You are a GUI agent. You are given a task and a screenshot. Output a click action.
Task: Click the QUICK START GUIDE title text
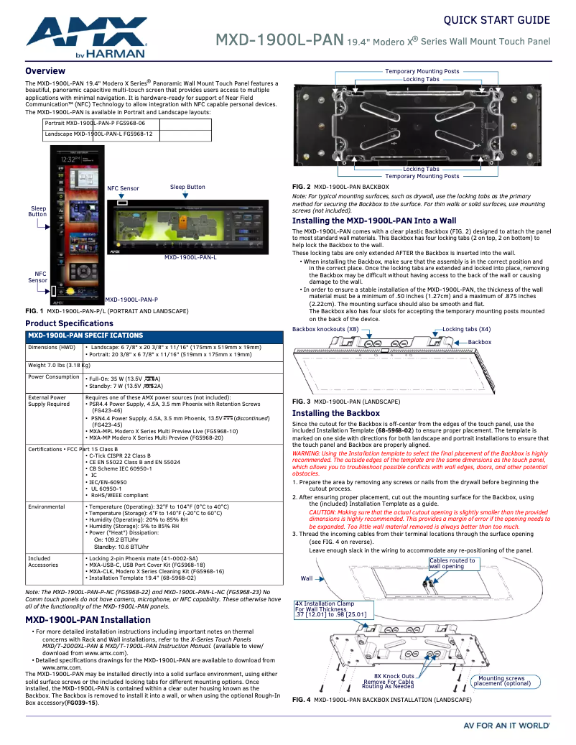497,20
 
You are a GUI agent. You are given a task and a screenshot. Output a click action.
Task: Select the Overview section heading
45,71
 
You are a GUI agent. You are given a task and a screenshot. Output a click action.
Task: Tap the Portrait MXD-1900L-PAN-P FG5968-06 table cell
95,124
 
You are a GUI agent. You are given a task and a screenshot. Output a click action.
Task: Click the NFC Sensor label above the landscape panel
123,188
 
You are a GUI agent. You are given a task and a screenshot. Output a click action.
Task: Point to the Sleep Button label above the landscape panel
187,187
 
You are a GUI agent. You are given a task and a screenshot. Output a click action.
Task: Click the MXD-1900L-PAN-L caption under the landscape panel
190,257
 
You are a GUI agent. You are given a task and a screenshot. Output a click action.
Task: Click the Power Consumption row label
53,377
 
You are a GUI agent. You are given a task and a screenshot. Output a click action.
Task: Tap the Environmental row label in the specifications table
47,506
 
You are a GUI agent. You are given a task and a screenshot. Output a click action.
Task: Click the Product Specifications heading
69,324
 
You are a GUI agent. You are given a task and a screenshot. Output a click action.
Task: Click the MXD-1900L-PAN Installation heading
88,619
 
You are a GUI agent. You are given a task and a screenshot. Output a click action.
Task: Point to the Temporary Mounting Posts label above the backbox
422,72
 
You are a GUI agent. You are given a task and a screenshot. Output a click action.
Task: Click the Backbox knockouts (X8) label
325,329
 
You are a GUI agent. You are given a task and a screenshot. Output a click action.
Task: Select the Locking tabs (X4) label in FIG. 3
467,329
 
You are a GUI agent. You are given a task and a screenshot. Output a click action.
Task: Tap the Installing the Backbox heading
335,414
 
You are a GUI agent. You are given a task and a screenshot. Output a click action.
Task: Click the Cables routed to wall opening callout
452,563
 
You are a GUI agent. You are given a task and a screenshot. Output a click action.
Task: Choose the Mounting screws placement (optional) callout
501,681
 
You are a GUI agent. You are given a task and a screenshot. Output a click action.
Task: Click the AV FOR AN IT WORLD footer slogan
506,726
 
